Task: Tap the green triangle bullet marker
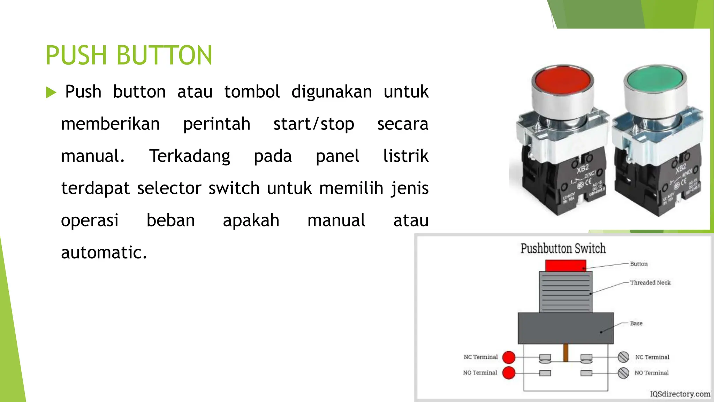[x=51, y=92]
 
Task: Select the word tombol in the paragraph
[x=252, y=92]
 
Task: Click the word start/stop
[x=313, y=124]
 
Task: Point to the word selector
[x=169, y=188]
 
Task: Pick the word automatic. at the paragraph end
[x=104, y=252]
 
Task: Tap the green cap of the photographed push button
[x=655, y=79]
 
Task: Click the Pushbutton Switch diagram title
[x=563, y=248]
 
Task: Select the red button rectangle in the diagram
[x=565, y=266]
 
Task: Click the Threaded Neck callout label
[x=650, y=283]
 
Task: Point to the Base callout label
[x=636, y=323]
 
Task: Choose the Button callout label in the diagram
[x=639, y=264]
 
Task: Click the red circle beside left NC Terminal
[x=509, y=357]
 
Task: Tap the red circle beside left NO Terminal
[x=509, y=373]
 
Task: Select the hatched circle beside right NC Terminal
[x=623, y=357]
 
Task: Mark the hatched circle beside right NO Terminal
[x=623, y=373]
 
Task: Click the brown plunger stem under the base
[x=566, y=352]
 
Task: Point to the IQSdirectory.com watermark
[x=680, y=394]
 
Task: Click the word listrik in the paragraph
[x=406, y=156]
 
